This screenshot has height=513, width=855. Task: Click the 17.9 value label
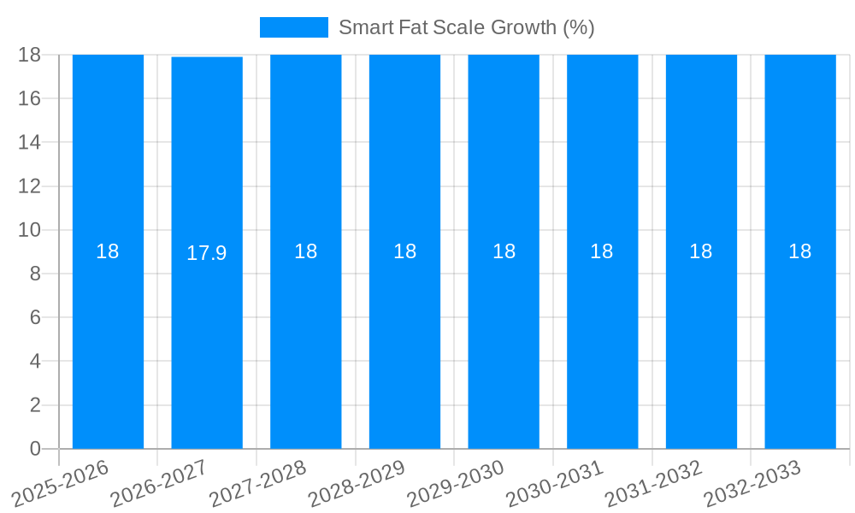(x=207, y=253)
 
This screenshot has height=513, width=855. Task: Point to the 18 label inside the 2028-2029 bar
(x=404, y=251)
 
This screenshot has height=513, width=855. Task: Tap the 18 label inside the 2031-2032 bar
(x=701, y=251)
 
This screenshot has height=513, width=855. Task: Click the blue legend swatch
(x=293, y=27)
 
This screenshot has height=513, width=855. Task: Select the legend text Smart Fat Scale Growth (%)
(x=466, y=27)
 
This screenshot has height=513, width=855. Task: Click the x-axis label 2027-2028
(x=258, y=484)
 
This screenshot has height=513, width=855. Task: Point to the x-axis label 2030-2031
(x=555, y=484)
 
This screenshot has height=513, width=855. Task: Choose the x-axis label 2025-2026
(x=61, y=484)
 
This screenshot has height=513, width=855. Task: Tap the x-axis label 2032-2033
(x=752, y=484)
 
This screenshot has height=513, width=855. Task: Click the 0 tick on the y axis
(x=35, y=449)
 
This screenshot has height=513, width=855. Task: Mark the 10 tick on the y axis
(x=30, y=230)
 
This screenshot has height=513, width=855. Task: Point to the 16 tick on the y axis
(x=30, y=98)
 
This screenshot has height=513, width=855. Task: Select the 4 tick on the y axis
(x=35, y=362)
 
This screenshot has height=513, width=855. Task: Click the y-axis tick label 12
(x=30, y=186)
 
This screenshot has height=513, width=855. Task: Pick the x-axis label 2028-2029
(x=357, y=484)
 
